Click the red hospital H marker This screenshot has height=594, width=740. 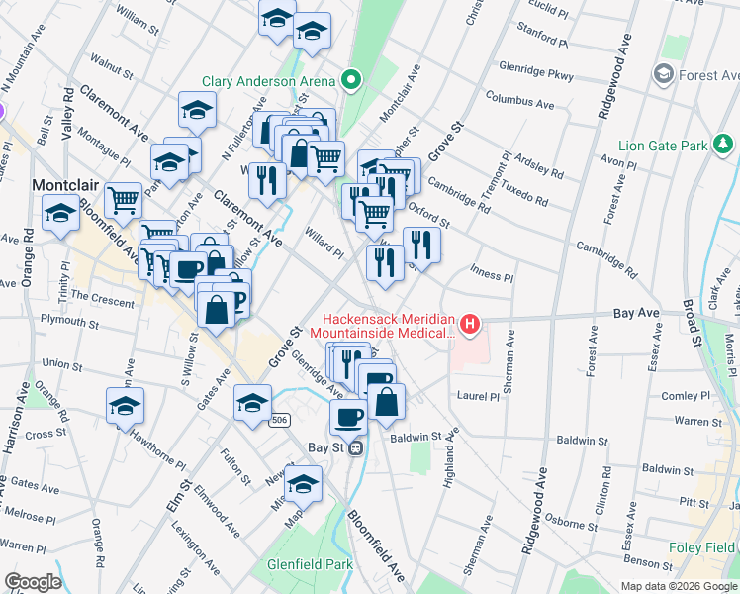(470, 324)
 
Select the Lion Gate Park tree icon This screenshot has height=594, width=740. (725, 146)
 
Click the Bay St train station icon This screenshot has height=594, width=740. (355, 446)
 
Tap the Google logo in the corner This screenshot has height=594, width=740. (33, 582)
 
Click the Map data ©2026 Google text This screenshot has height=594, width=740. (678, 586)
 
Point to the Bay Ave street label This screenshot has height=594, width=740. (635, 312)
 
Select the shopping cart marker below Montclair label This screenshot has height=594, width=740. (124, 200)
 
